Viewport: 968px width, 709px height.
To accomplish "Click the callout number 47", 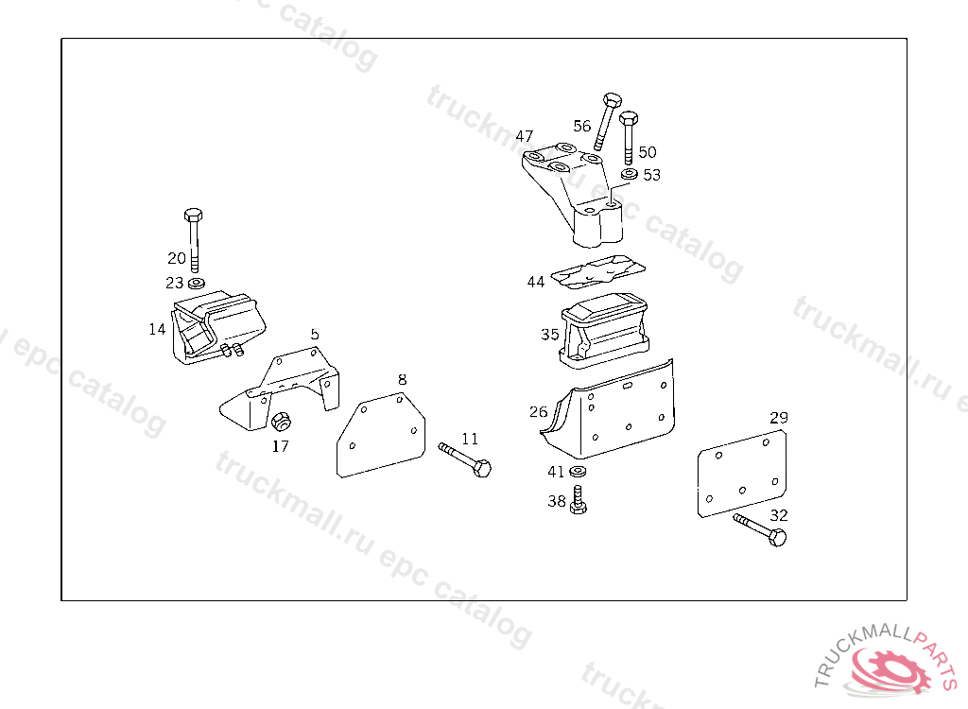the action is tap(525, 136).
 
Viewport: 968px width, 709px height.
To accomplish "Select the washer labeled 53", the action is tap(630, 175).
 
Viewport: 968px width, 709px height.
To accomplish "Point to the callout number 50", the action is tap(648, 152).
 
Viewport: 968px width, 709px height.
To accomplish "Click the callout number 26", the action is tap(538, 412).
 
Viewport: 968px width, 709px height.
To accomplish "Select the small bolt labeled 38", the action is tap(579, 500).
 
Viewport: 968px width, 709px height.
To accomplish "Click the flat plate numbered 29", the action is tap(742, 473).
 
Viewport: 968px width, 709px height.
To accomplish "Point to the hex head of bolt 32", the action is tap(778, 539).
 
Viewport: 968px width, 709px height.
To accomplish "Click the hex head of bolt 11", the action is tap(482, 468).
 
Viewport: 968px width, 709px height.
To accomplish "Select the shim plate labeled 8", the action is tap(380, 437).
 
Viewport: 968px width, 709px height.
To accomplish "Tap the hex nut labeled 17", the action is tap(280, 422).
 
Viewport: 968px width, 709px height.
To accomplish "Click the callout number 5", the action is tap(315, 335).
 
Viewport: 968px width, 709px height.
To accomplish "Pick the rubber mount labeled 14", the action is tap(217, 326).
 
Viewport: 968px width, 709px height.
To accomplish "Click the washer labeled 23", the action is tap(197, 283).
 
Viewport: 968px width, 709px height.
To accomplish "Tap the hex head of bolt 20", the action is tap(193, 214).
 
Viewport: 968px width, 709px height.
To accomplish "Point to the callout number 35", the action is tap(550, 335).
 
